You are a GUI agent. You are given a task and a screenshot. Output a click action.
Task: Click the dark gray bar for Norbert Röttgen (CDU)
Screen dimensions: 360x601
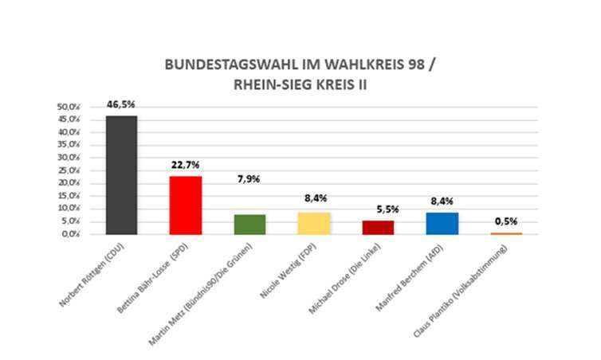coord(122,175)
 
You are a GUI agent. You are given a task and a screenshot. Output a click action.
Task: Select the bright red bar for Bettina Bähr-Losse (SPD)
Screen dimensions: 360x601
coord(186,205)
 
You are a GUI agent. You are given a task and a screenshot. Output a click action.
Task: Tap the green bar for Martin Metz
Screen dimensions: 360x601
coord(249,225)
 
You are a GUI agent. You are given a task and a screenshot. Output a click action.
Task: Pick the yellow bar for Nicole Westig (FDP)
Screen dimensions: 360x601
coord(313,224)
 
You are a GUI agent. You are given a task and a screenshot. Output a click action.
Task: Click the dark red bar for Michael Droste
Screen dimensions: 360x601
coord(378,228)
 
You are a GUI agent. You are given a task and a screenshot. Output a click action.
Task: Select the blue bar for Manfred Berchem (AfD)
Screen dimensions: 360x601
coord(442,224)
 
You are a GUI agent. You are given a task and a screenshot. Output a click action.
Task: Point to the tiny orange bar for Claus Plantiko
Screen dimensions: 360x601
coord(506,233)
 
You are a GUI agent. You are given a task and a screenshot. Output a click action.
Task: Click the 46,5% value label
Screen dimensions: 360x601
coord(122,104)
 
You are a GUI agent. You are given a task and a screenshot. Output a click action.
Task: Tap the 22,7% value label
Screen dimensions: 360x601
coord(186,165)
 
